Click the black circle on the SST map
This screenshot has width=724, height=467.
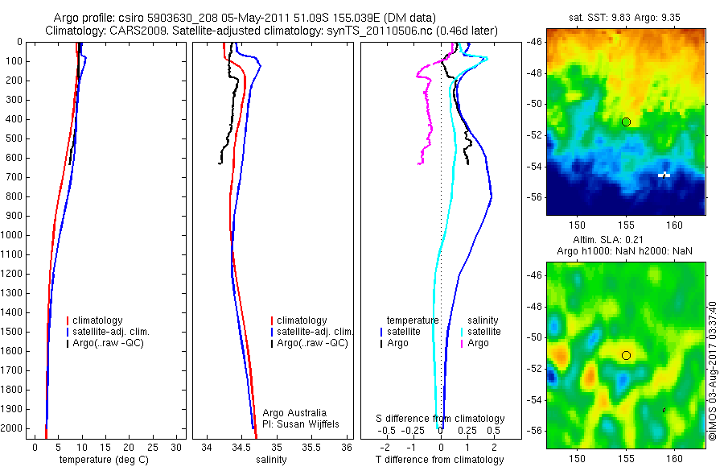[626, 122]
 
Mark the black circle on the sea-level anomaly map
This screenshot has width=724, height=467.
[626, 355]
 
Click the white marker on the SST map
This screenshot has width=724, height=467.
[664, 174]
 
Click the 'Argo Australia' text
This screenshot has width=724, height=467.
[294, 413]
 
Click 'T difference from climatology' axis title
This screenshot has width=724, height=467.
[439, 460]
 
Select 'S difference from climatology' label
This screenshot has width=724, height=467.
[441, 419]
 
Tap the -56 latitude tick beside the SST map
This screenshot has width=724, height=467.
[714, 197]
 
